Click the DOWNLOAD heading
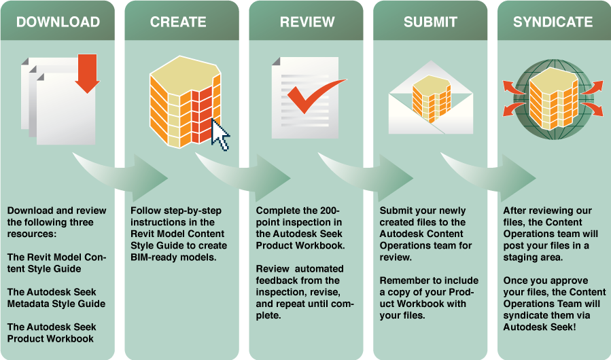point(58,22)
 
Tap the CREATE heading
point(178,22)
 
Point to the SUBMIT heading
point(430,22)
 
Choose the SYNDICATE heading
point(553,22)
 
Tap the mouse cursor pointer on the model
point(221,134)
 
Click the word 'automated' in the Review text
point(319,269)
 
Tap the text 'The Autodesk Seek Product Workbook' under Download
point(50,332)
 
